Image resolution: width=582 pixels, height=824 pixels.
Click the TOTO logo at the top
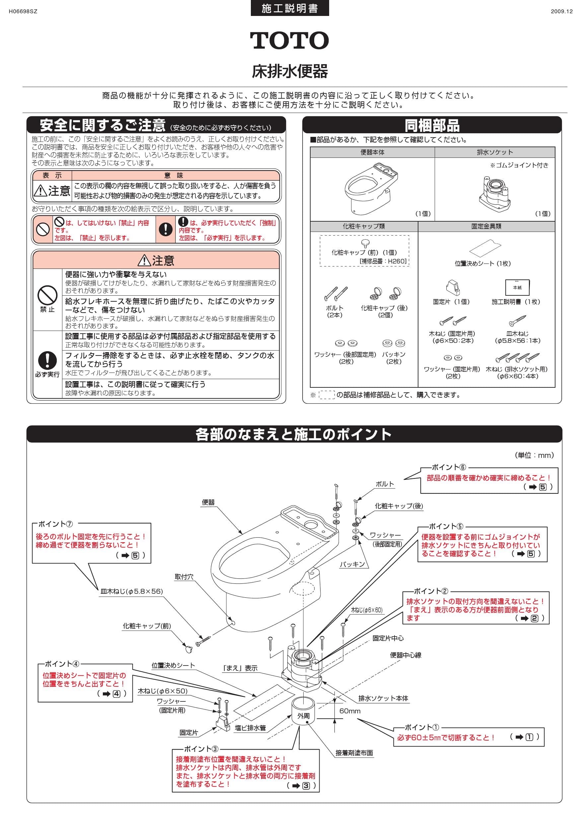(289, 40)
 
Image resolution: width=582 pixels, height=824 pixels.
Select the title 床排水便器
(290, 71)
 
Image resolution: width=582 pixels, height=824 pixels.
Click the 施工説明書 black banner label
(290, 8)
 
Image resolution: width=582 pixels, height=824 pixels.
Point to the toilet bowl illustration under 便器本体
(371, 188)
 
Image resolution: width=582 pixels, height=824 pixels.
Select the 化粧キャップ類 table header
(364, 226)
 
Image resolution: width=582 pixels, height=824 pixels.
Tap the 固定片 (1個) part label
(451, 302)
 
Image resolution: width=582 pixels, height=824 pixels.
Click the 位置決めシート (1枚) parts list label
(482, 263)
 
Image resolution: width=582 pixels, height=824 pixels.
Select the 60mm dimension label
(350, 711)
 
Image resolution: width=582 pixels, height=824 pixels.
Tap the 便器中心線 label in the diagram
(405, 655)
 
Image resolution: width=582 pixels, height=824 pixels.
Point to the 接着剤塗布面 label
(354, 753)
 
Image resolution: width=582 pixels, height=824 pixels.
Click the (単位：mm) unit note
(534, 455)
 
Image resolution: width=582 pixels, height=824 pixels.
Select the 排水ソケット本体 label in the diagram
(383, 698)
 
